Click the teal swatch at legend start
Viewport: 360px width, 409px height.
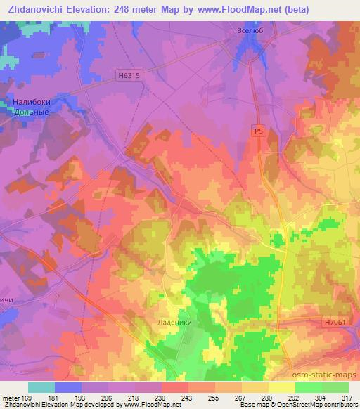(x=41, y=387)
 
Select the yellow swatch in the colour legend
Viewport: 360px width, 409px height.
(x=282, y=387)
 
